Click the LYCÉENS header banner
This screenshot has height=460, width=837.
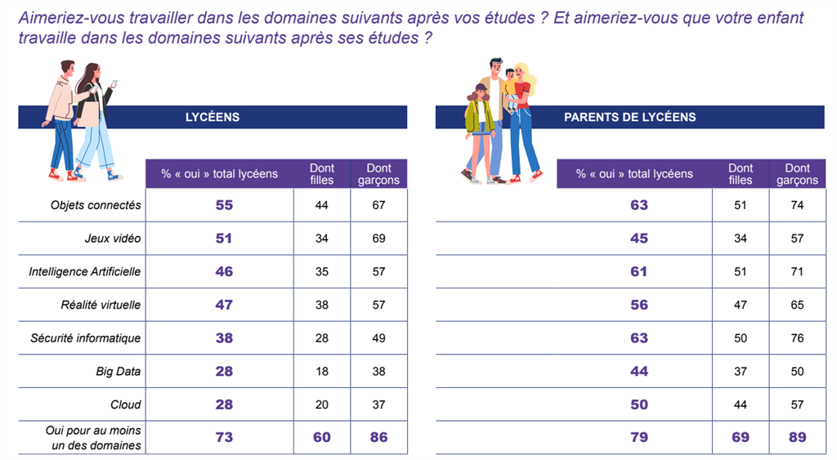coord(213,117)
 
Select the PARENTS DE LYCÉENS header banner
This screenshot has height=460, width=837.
coord(629,117)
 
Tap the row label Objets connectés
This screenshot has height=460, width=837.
coord(96,205)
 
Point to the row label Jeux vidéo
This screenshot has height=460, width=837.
coord(113,239)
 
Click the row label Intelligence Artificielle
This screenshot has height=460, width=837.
coord(85,271)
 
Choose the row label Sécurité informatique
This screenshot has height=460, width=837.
coord(86,338)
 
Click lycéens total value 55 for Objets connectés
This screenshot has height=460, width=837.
coord(223,205)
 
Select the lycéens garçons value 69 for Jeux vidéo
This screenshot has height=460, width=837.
coord(378,239)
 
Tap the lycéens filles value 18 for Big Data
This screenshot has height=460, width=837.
coord(322,371)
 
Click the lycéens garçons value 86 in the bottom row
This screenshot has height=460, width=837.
coord(378,437)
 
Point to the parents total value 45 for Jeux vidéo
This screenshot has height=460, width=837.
coord(639,239)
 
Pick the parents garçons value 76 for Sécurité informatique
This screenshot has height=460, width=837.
coord(797,338)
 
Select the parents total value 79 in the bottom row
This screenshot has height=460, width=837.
coord(639,437)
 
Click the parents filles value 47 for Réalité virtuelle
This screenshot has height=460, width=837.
coord(741,305)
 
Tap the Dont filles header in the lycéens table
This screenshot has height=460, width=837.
coord(322,174)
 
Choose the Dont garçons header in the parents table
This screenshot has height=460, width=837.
coord(797,174)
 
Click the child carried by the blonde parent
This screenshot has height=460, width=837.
coord(512,85)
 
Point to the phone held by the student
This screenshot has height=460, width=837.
coord(114,84)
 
